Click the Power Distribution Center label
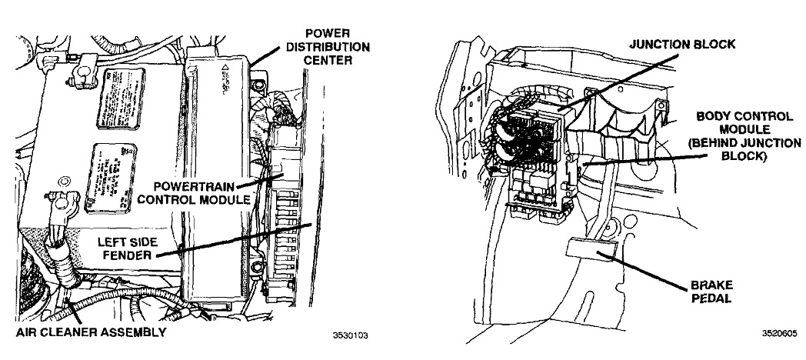pos(328,47)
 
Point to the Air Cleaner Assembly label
pos(90,332)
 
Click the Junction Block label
pos(681,44)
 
